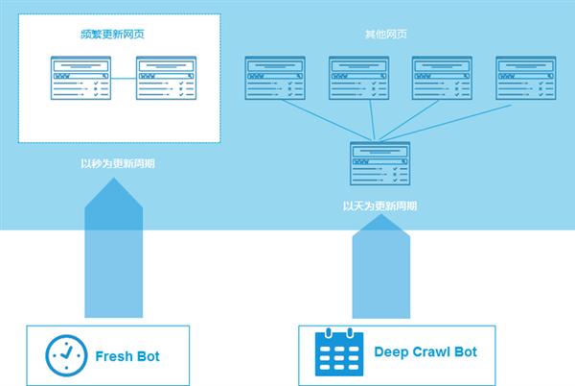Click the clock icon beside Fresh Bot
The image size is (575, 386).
click(66, 355)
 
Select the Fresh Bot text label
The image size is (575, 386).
click(127, 356)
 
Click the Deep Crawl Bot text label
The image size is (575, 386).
click(425, 352)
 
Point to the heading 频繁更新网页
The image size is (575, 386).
click(113, 35)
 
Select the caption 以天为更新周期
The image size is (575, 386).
click(379, 205)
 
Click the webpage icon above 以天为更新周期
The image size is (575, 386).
click(379, 163)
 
